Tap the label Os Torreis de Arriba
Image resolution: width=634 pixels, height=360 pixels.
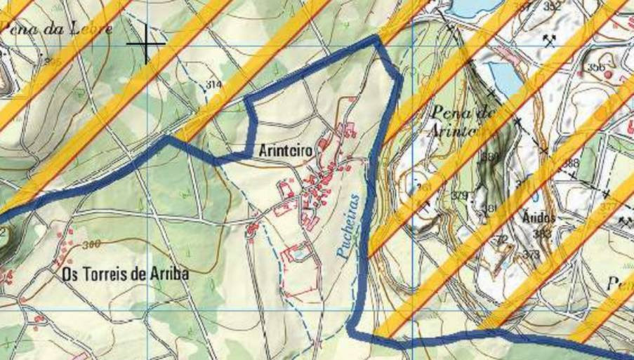click(x=125, y=274)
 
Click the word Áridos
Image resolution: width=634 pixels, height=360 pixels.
click(x=539, y=218)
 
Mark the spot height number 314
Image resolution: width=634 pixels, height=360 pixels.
click(x=214, y=85)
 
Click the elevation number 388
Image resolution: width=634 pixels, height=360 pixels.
click(x=570, y=164)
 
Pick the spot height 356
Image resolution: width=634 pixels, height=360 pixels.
click(x=596, y=68)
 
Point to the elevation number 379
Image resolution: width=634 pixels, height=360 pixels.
click(x=459, y=195)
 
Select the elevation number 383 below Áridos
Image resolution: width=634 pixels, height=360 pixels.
click(x=541, y=234)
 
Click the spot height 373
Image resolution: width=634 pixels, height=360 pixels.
click(x=531, y=254)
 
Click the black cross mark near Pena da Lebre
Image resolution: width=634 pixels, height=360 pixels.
click(x=146, y=44)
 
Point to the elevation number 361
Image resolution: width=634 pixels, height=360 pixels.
click(x=423, y=189)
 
